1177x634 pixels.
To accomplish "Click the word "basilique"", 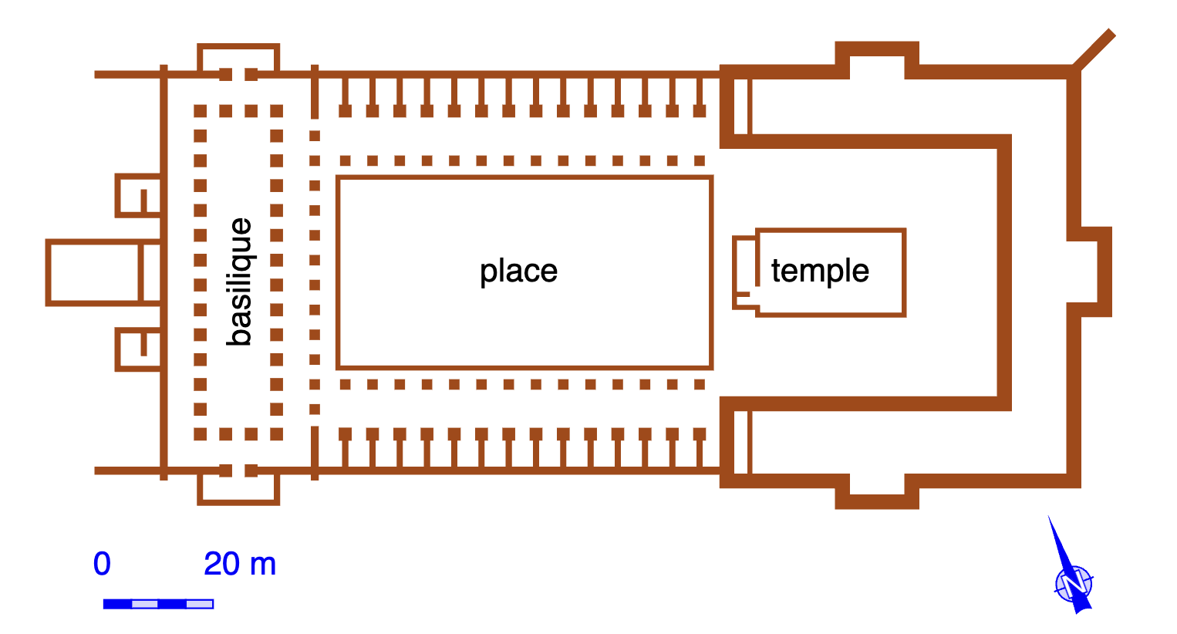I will click(x=241, y=282).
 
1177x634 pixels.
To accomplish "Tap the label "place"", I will click(x=518, y=271).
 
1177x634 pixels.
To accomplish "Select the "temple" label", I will click(x=820, y=271).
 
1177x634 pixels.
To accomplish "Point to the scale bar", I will click(x=158, y=604).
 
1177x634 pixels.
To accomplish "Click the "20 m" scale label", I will click(x=240, y=564).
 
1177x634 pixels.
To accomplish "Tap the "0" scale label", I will click(x=102, y=564).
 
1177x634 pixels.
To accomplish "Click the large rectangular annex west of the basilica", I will click(x=93, y=272).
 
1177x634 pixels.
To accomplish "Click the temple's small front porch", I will click(x=745, y=272).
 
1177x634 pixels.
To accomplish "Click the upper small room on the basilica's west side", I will click(x=137, y=196).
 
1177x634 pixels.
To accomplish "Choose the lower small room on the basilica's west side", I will click(x=137, y=349).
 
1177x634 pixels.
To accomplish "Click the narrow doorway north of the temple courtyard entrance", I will click(x=741, y=106).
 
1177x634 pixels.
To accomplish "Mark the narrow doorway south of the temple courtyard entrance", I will click(x=741, y=442).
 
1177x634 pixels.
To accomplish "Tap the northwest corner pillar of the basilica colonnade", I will click(x=201, y=111).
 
